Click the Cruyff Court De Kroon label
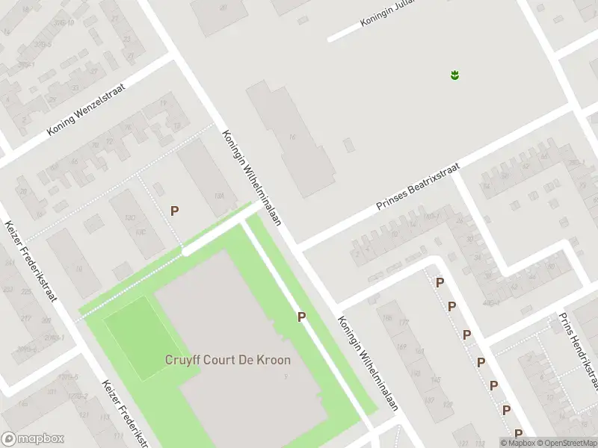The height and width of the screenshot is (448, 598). (227, 360)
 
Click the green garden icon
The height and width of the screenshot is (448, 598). (454, 74)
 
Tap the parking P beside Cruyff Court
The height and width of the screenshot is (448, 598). (301, 317)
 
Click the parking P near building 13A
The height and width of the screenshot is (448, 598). (174, 211)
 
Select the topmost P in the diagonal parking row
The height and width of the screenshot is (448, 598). (440, 283)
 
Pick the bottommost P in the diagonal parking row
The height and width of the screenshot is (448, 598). (518, 434)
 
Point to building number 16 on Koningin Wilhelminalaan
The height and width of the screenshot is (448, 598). (292, 137)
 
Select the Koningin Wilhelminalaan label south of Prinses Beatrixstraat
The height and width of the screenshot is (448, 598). (366, 364)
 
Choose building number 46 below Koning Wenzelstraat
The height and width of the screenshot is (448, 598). (73, 161)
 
